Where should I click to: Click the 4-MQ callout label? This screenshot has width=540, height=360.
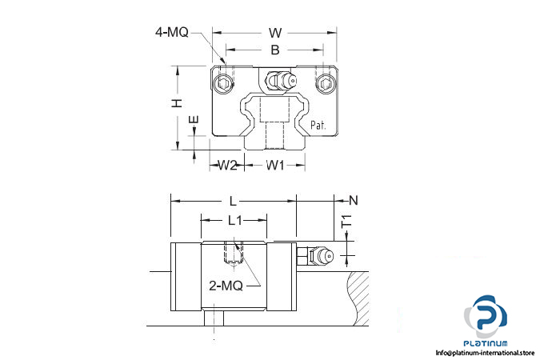tap(172, 32)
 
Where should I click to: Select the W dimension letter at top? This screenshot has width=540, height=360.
tap(275, 33)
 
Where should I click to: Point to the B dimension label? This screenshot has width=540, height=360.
tap(275, 50)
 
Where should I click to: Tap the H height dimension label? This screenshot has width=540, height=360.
tap(177, 102)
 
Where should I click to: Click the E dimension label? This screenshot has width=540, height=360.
tap(194, 120)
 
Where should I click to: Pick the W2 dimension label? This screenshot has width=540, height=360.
tap(228, 166)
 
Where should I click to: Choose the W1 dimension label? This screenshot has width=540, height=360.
tap(275, 166)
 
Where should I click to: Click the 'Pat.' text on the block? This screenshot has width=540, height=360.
tap(318, 125)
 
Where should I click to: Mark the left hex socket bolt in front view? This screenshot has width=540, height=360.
tap(222, 83)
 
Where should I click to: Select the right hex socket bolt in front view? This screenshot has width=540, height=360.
tap(325, 83)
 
